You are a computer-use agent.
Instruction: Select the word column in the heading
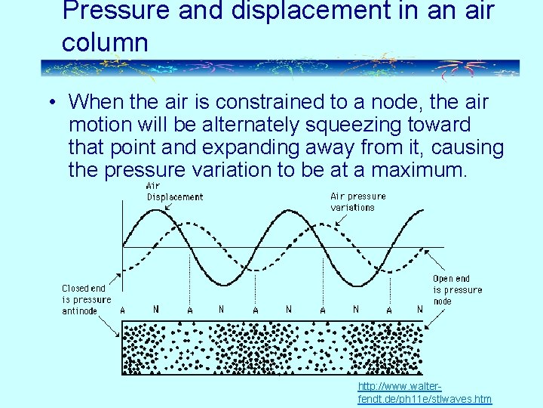105,42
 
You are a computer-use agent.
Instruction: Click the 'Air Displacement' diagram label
174,191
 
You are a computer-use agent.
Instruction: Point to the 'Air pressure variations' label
357,201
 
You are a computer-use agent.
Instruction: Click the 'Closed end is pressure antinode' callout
86,299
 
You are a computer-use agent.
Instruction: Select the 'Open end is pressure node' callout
457,289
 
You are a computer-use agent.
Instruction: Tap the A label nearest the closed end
123,310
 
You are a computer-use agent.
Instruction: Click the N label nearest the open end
420,309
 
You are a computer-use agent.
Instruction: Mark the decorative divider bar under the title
279,68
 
